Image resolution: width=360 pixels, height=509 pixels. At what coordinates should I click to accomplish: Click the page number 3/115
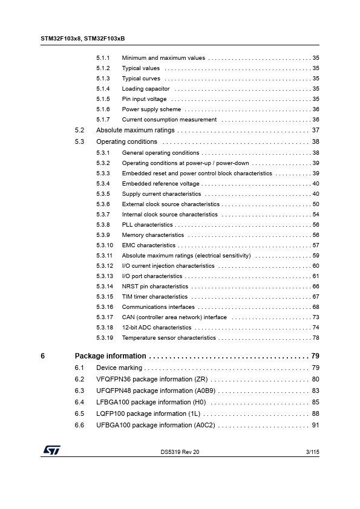(310, 452)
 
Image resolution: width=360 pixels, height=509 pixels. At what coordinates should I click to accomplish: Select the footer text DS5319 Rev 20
(180, 452)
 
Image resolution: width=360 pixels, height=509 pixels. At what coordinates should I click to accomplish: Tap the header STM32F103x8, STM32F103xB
(83, 38)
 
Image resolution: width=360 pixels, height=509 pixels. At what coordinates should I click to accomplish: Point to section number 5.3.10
(105, 245)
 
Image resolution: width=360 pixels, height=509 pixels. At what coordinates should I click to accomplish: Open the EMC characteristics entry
(149, 245)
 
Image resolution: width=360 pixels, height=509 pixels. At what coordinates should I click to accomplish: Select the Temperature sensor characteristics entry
(169, 338)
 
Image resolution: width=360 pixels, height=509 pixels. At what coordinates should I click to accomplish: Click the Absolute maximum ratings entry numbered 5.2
(136, 131)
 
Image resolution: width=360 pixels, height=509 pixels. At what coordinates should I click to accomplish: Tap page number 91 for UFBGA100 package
(315, 426)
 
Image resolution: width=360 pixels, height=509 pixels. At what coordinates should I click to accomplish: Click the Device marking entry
(119, 368)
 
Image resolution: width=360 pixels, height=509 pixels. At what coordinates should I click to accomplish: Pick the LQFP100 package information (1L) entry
(148, 414)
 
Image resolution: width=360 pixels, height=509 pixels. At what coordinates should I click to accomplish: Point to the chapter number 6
(42, 356)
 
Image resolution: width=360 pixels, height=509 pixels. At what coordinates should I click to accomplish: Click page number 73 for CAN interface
(315, 317)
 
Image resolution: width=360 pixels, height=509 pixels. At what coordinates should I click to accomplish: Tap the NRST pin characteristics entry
(155, 287)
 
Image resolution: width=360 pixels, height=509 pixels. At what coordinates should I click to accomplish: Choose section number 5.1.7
(103, 120)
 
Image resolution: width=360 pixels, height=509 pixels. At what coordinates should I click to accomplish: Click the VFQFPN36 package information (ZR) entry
(152, 380)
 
